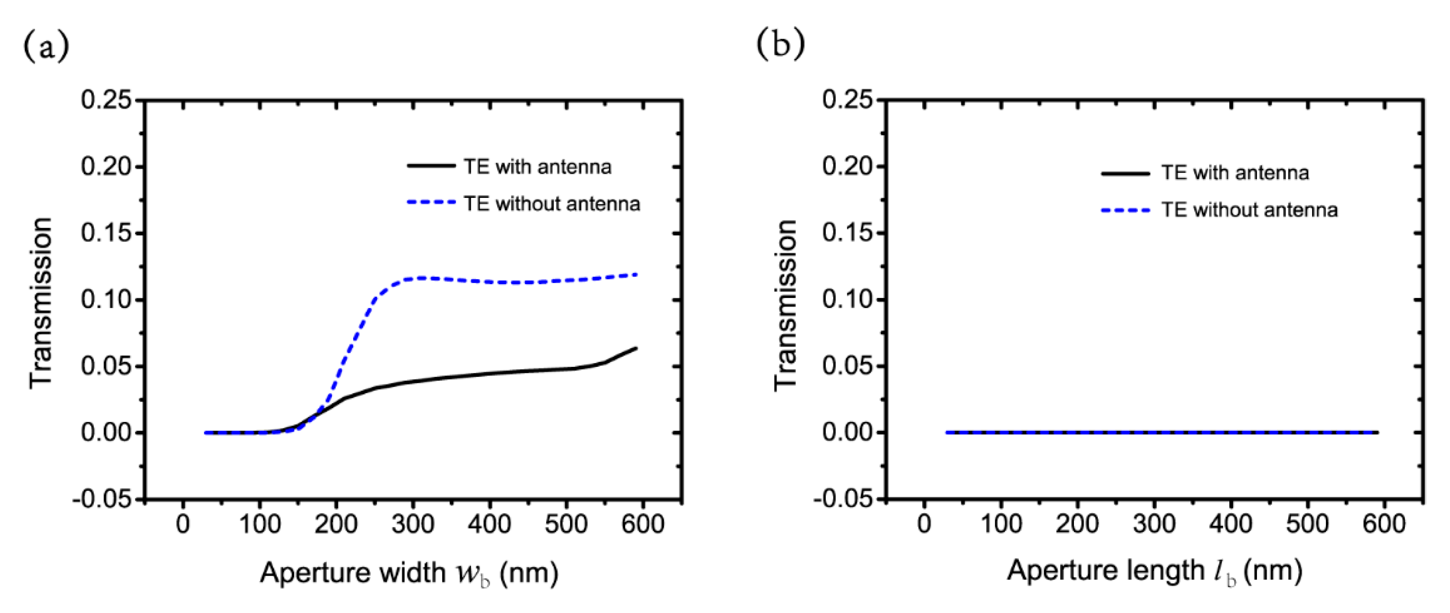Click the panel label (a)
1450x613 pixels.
46,46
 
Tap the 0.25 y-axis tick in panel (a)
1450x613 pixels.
106,100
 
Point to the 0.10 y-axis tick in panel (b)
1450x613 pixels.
848,300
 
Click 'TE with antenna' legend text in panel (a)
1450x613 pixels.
537,167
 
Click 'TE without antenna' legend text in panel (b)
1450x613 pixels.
1249,210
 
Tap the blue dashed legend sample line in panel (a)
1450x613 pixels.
431,202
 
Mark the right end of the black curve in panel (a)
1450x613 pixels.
636,348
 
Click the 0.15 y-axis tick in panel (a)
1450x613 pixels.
106,233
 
